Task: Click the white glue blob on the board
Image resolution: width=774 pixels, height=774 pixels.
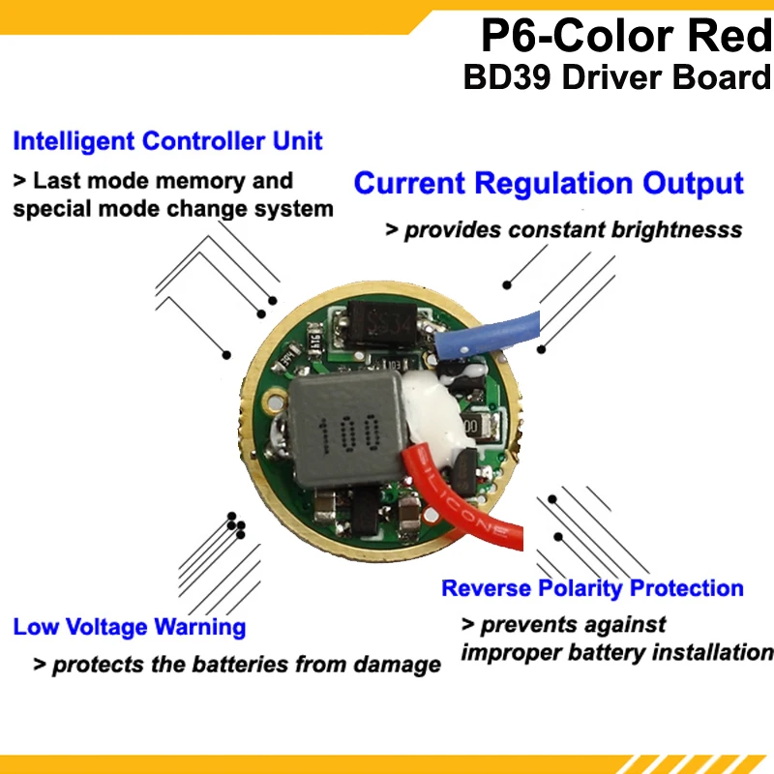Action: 426,411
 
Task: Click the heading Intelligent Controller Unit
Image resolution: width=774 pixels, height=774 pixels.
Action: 167,141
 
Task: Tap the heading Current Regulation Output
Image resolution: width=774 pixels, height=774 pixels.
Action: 548,183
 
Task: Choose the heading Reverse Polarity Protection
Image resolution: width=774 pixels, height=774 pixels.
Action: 592,588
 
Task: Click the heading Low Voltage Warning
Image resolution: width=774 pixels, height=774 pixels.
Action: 129,627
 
